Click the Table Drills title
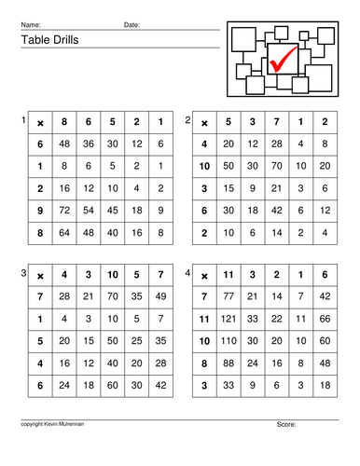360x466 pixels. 47,40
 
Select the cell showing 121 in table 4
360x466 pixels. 228,319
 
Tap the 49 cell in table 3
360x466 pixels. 160,296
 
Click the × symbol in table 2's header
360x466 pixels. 204,122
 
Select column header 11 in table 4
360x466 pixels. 228,276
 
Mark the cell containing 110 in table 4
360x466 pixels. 228,339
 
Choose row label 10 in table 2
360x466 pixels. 204,165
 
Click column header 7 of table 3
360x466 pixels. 160,276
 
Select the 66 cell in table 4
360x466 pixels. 324,319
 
